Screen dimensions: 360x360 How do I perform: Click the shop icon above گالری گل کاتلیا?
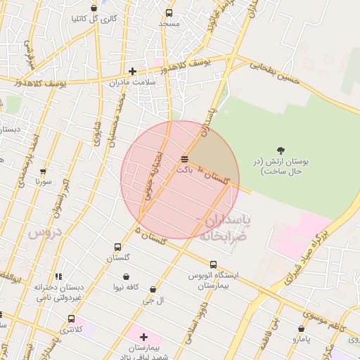tap(94, 8)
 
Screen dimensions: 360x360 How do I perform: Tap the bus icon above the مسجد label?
tap(169, 13)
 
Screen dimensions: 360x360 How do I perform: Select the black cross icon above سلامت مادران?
tap(132, 70)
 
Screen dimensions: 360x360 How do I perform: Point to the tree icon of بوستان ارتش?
tap(281, 150)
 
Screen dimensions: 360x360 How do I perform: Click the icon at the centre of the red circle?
tap(184, 160)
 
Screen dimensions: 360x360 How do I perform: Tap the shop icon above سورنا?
tap(44, 171)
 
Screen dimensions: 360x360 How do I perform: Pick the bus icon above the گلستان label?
tap(117, 247)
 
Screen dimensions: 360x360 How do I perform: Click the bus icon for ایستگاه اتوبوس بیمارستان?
tap(213, 264)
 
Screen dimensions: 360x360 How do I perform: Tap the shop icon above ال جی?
tap(153, 289)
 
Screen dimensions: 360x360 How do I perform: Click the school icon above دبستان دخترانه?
tap(58, 276)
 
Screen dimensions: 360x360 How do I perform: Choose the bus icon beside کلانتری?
tap(72, 319)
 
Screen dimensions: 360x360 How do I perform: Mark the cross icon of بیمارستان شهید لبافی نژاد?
tap(144, 337)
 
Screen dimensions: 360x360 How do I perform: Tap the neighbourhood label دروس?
tap(45, 231)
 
